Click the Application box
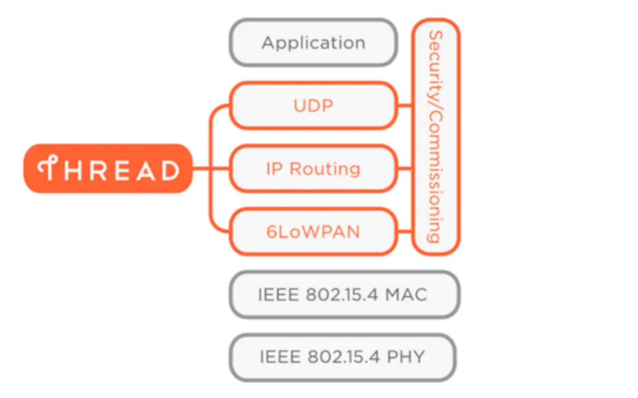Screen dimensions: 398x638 313,43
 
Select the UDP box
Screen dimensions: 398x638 313,106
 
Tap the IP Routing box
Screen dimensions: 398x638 313,169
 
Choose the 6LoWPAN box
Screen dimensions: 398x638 313,231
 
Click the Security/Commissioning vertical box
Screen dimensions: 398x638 435,136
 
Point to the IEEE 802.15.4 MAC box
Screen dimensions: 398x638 344,294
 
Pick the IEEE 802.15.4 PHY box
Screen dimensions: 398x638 343,357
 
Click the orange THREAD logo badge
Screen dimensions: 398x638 108,169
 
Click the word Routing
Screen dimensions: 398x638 325,169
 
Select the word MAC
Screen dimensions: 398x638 406,294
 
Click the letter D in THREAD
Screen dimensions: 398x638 169,170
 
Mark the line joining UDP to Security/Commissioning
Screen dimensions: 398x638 405,106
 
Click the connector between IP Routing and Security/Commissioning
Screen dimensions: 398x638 405,169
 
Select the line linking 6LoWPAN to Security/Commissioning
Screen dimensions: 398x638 405,232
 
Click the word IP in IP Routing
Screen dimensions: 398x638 274,169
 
